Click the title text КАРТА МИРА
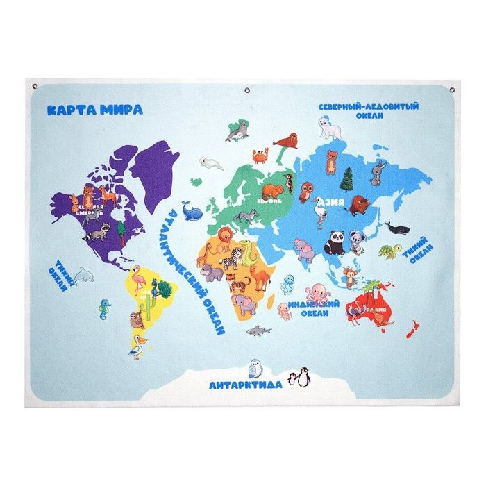pos(95,110)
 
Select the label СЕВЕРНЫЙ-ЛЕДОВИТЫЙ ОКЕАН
pos(368,111)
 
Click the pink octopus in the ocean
pos(317,293)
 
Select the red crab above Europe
pos(260,156)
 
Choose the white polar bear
pos(330,127)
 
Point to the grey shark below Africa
pos(259,330)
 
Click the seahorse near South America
pos(105,307)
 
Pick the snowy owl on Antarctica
pos(255,368)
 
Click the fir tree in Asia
pos(347,180)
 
